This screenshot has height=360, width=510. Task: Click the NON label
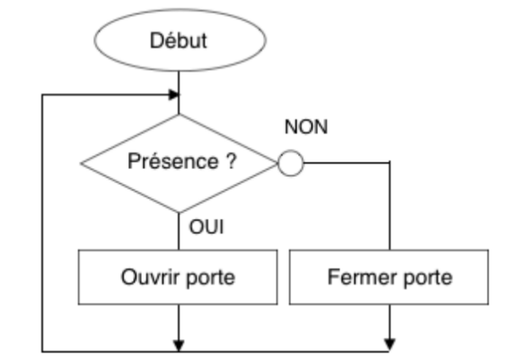(x=306, y=127)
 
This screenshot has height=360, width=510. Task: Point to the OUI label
(x=207, y=226)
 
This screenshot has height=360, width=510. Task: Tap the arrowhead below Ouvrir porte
(x=179, y=346)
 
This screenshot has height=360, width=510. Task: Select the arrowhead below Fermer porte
(x=390, y=345)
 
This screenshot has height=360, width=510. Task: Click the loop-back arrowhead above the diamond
(x=173, y=95)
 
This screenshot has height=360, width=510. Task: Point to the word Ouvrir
(x=151, y=277)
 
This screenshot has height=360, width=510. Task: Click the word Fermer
(x=363, y=277)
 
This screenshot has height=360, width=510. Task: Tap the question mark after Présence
(x=231, y=161)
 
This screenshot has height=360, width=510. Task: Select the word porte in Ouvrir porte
(x=211, y=278)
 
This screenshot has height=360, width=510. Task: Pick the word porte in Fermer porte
(x=427, y=278)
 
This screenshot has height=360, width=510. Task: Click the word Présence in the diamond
(x=173, y=161)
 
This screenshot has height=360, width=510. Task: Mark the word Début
(x=179, y=40)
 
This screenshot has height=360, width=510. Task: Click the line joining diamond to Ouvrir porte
(x=179, y=232)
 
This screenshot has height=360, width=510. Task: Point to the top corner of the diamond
(x=179, y=114)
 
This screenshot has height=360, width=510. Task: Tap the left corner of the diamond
(x=81, y=163)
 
